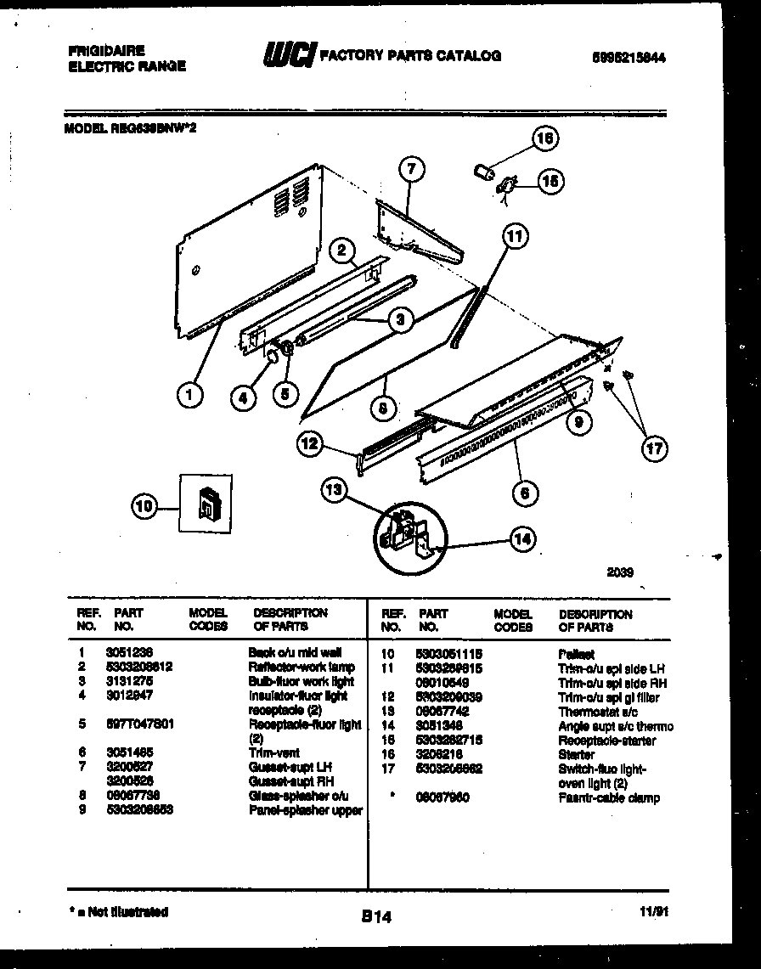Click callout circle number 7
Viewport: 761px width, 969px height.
pos(411,170)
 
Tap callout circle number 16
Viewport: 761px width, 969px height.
pos(545,138)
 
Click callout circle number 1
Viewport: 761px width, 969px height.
pos(192,395)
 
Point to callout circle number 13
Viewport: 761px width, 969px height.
pos(335,489)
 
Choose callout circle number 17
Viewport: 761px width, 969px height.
pos(654,448)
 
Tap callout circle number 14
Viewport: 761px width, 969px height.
pos(521,537)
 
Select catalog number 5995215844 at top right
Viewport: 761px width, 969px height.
pos(629,59)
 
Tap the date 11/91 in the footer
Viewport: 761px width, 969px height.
pos(654,913)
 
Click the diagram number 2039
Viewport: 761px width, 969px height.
pos(620,572)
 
